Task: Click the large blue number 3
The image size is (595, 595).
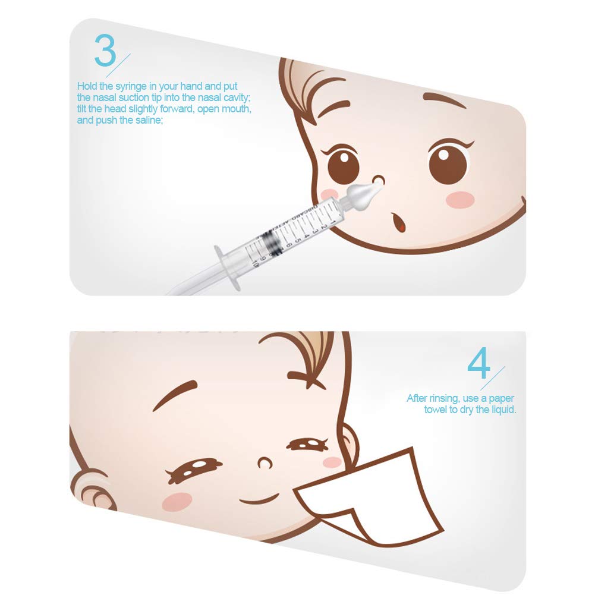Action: pyautogui.click(x=105, y=51)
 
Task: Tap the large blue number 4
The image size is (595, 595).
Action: pyautogui.click(x=479, y=364)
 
